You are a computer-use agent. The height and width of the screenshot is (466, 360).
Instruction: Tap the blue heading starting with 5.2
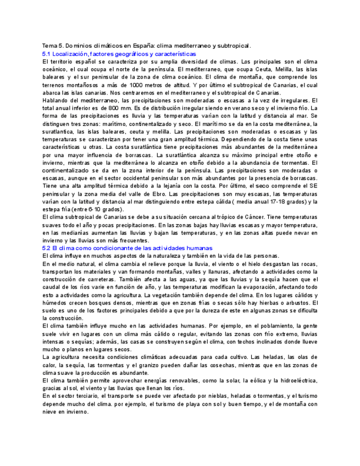pyautogui.click(x=127, y=248)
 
